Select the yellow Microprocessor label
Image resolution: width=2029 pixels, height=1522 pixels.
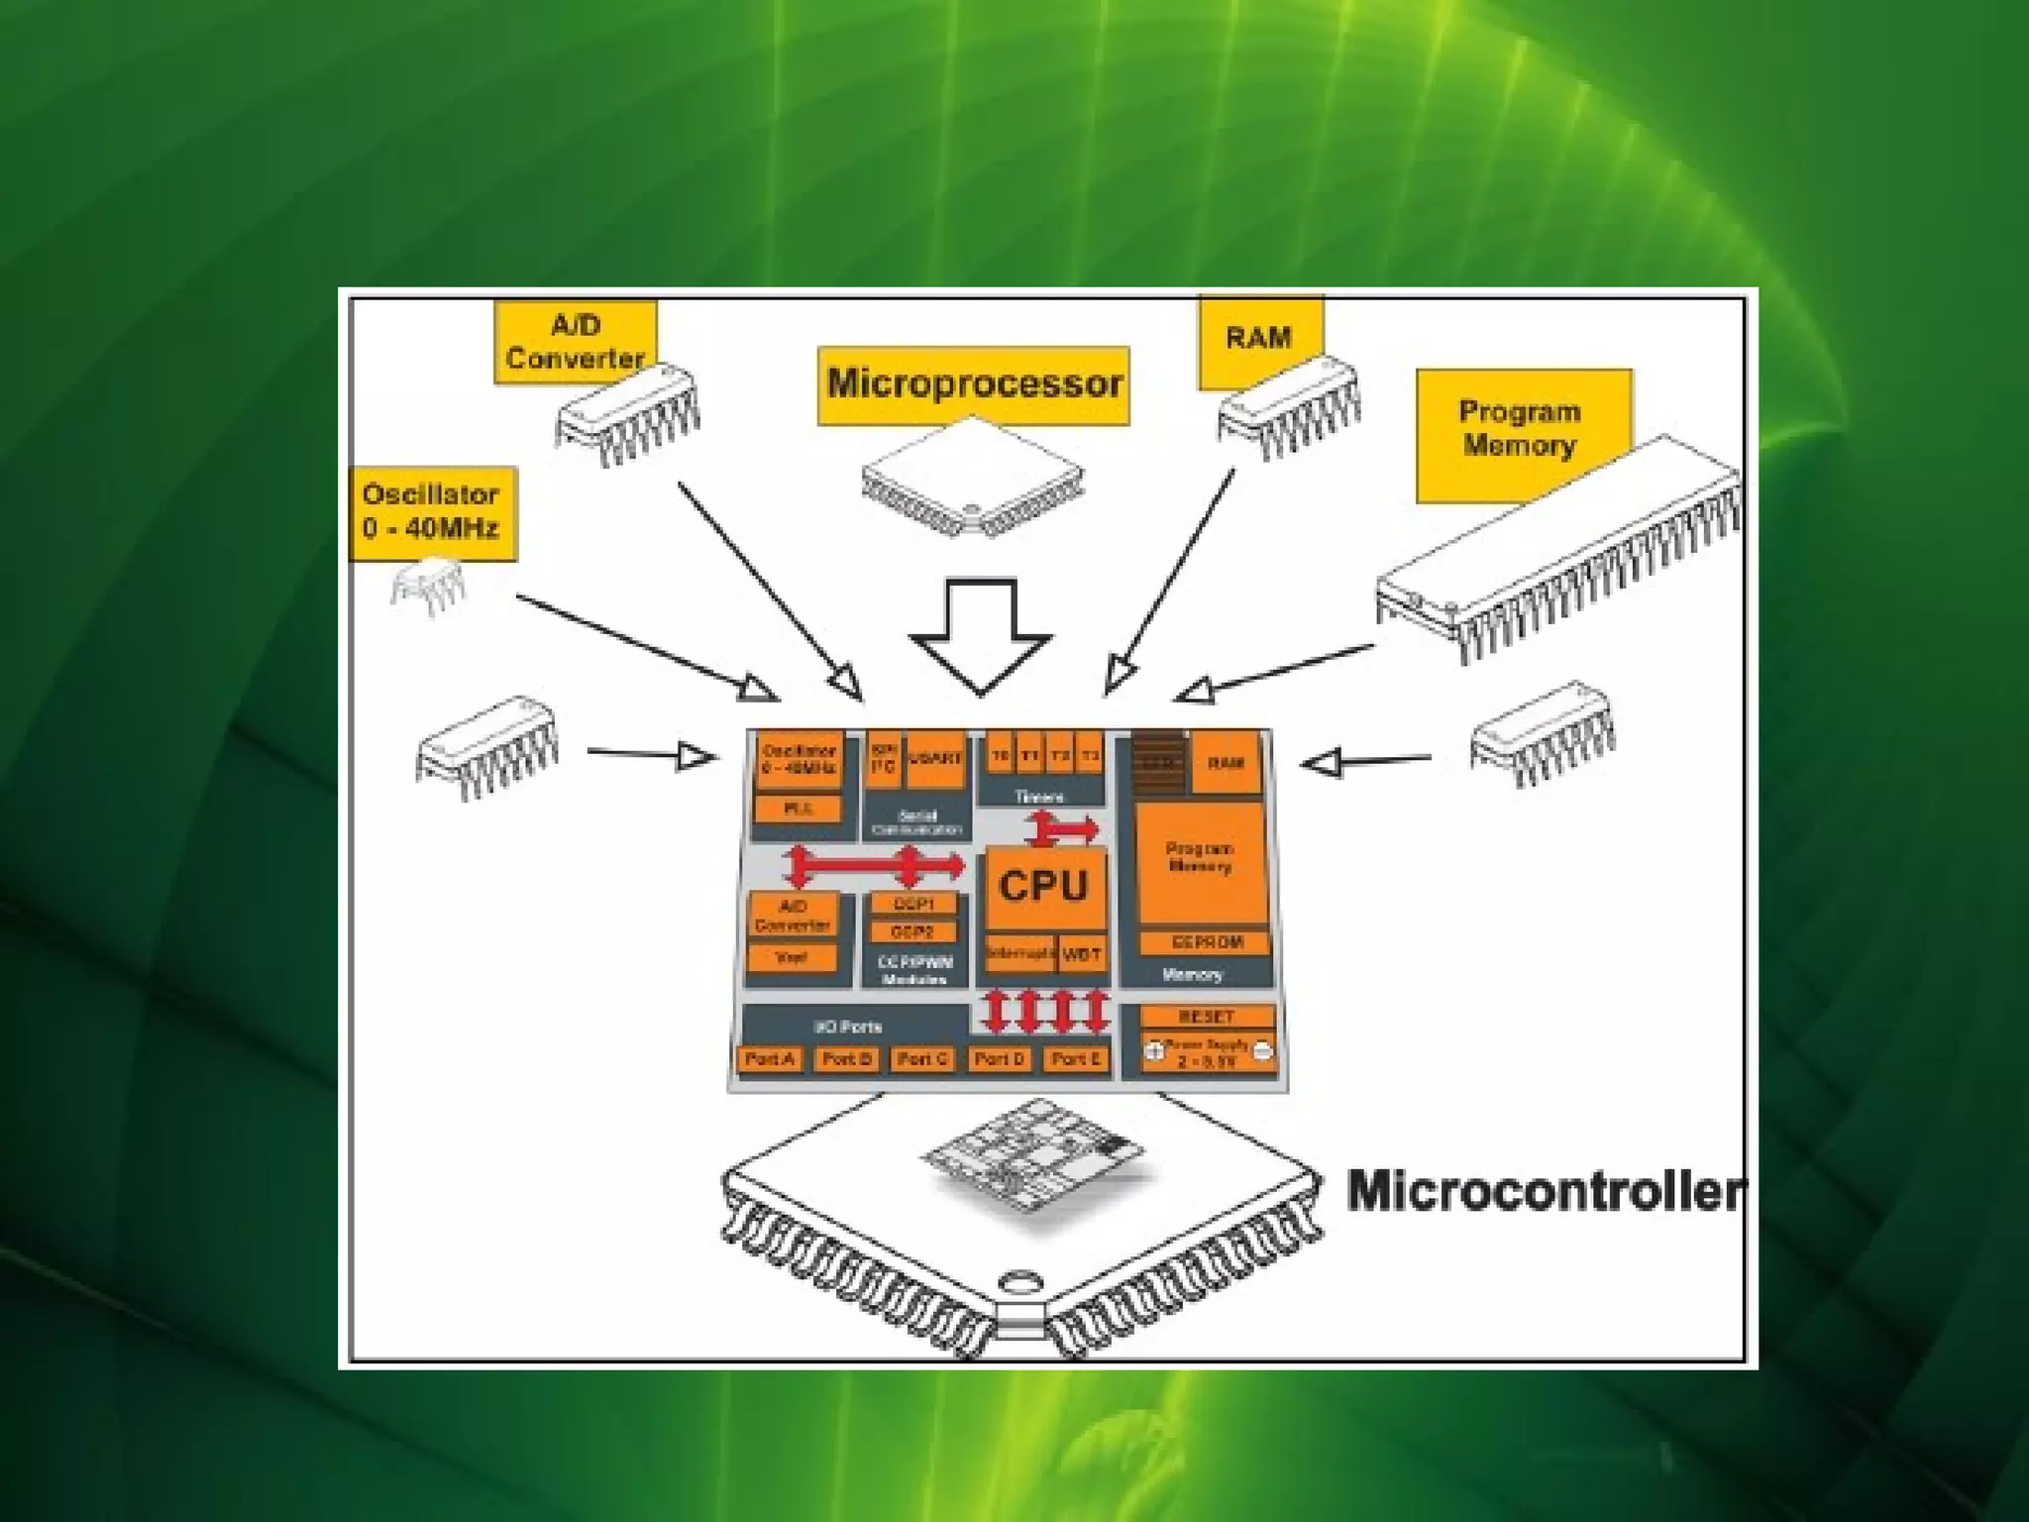click(974, 384)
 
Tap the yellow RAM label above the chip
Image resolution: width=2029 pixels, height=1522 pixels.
click(1259, 340)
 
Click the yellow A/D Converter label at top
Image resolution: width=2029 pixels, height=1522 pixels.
click(575, 342)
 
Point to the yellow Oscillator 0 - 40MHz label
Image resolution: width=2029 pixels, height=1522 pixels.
click(432, 511)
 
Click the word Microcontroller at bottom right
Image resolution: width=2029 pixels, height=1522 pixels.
click(1544, 1191)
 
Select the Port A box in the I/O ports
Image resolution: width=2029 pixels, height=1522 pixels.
click(770, 1059)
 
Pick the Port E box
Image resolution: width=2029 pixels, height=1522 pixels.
click(1076, 1059)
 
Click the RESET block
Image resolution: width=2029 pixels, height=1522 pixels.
click(1207, 1017)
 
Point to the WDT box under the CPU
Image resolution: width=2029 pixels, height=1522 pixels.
click(1081, 955)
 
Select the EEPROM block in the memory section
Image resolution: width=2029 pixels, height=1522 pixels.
click(1206, 942)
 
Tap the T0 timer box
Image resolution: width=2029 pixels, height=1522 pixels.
click(1001, 757)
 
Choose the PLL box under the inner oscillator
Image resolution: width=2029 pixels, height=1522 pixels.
click(799, 810)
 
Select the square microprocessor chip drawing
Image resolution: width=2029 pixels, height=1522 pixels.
click(973, 477)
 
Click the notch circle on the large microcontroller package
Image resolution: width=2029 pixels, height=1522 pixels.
click(1017, 1279)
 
